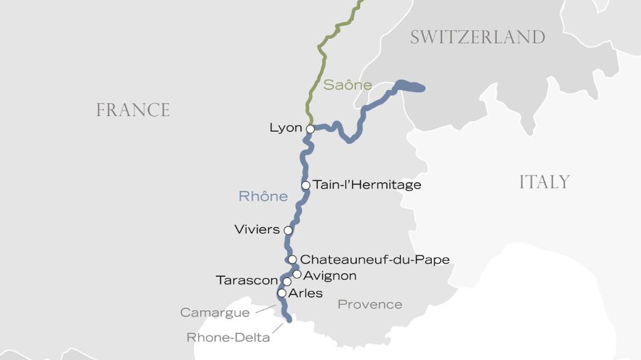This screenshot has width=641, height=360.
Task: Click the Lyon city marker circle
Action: click(310, 128)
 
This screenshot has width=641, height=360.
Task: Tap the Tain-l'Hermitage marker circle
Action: click(305, 185)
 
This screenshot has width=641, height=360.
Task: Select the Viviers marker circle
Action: click(288, 230)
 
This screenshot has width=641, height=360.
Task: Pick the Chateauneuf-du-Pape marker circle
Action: click(292, 260)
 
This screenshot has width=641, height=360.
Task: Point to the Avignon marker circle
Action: click(297, 275)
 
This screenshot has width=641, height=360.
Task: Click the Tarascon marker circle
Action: click(287, 281)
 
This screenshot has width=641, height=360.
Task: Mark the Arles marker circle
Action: click(281, 293)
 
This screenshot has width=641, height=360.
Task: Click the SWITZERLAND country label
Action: click(477, 37)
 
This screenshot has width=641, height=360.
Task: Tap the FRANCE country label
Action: click(133, 110)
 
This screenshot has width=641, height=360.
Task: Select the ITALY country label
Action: click(544, 182)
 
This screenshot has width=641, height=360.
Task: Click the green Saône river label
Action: click(347, 85)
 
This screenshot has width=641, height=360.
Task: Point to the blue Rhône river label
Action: click(263, 197)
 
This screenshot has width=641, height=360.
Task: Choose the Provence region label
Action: click(370, 305)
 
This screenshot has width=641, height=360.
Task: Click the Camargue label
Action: click(215, 313)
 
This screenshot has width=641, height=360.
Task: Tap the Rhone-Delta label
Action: click(228, 337)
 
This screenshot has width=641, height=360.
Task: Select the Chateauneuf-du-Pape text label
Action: click(374, 260)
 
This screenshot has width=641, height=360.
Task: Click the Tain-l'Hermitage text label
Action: click(367, 185)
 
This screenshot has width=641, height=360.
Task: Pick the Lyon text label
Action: click(286, 128)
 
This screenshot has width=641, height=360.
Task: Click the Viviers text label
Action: click(257, 230)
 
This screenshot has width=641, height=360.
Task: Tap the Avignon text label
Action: click(329, 275)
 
